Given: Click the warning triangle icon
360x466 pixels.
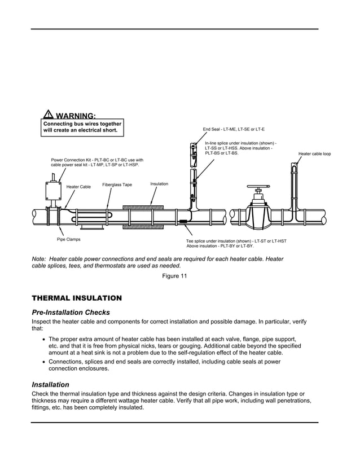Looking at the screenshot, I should pos(49,115).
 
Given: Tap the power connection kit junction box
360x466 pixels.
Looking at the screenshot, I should pos(52,192).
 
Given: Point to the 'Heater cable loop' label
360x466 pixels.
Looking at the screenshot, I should pos(314,153).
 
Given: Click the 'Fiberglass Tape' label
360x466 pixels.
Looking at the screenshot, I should pos(117,184).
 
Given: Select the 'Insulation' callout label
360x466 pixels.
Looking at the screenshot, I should pos(159,184).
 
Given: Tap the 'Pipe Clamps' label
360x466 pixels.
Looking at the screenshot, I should pos(69,239).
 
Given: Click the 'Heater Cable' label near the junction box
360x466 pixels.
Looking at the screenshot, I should pos(78,187).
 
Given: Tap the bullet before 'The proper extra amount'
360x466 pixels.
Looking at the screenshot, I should pos(43,339).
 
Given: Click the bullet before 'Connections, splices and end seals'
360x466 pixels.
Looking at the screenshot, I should pos(43,362).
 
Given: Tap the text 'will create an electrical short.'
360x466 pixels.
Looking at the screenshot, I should pos(81,130).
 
